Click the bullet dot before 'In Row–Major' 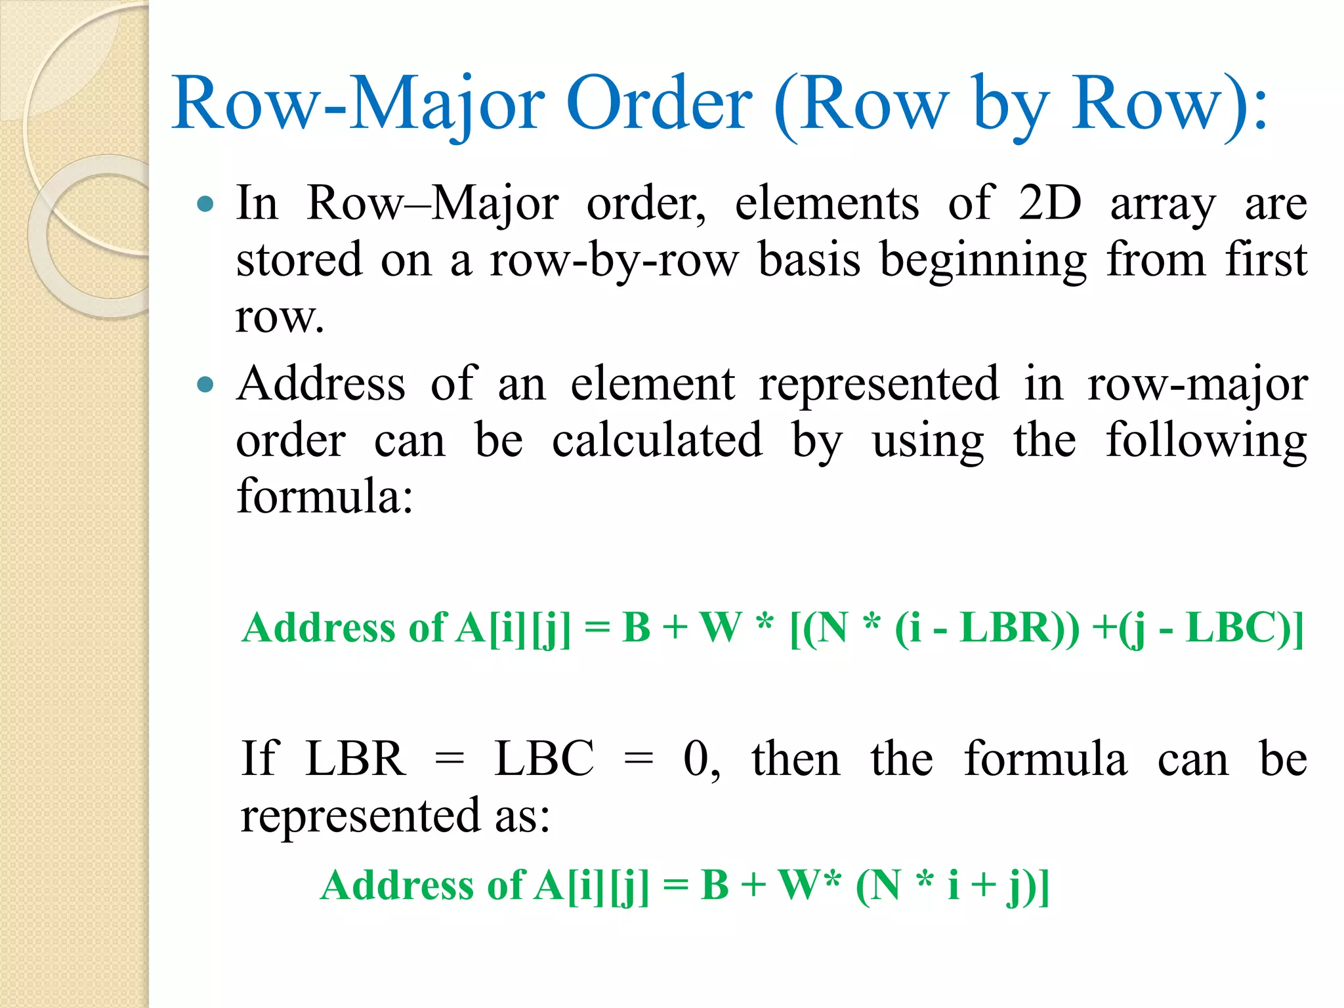pyautogui.click(x=205, y=204)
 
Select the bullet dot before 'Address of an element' pyautogui.click(x=205, y=384)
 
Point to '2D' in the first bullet pyautogui.click(x=1049, y=203)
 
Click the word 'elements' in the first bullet pyautogui.click(x=827, y=203)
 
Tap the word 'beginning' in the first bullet pyautogui.click(x=983, y=261)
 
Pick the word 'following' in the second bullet pyautogui.click(x=1206, y=441)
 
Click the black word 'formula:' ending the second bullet pyautogui.click(x=325, y=496)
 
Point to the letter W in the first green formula pyautogui.click(x=721, y=627)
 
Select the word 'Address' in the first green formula pyautogui.click(x=318, y=627)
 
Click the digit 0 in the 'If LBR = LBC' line pyautogui.click(x=696, y=759)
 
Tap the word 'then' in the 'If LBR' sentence pyautogui.click(x=795, y=759)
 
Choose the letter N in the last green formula pyautogui.click(x=885, y=885)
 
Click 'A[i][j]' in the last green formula pyautogui.click(x=591, y=885)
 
